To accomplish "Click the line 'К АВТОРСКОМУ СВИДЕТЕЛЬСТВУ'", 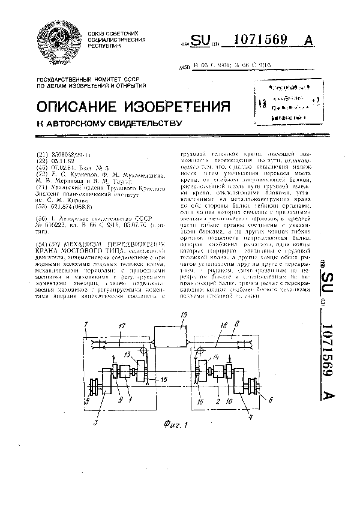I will point(109,124).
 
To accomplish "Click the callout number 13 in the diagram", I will point(127,355).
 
